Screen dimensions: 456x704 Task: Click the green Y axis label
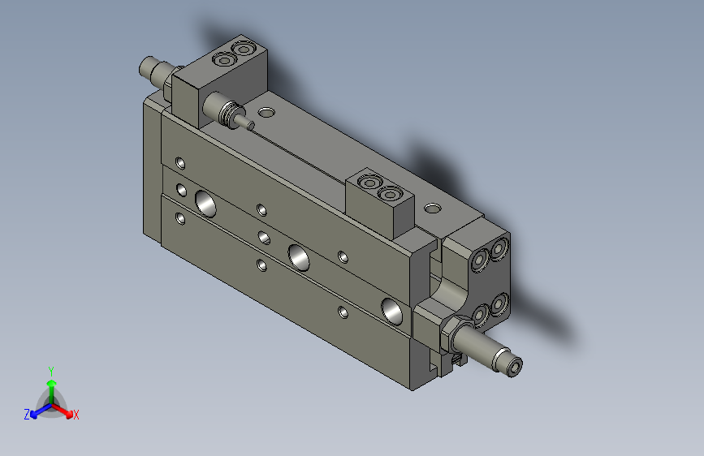(50, 369)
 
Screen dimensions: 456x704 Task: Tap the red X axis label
(76, 415)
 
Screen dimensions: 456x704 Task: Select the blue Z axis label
(27, 415)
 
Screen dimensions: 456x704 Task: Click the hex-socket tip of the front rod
(516, 368)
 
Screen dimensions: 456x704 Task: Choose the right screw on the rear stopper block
(242, 51)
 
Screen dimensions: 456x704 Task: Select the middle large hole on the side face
(298, 257)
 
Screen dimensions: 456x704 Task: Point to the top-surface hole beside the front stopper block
(433, 208)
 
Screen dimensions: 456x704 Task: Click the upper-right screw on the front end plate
(498, 246)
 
